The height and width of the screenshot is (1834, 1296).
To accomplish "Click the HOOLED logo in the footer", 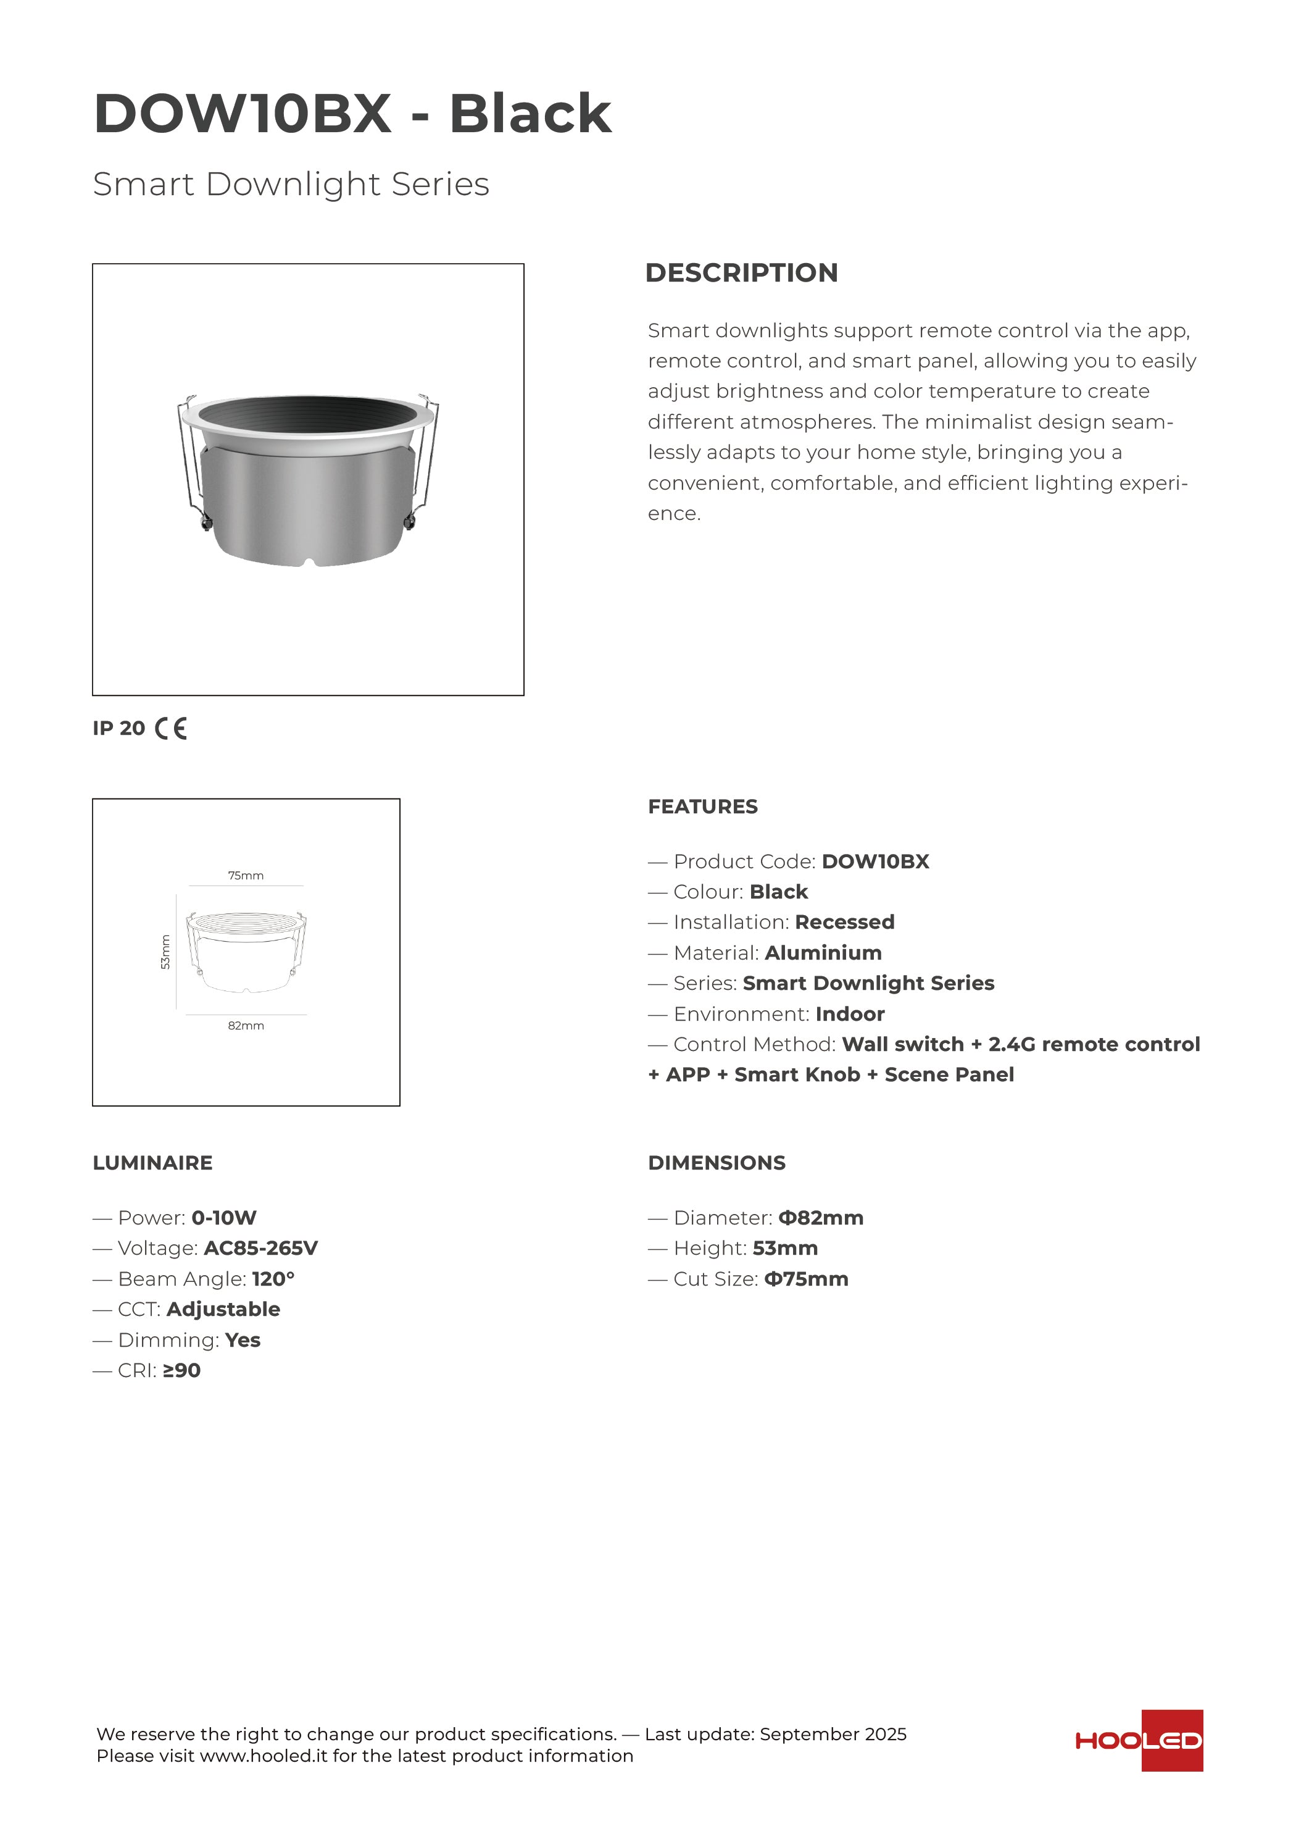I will click(1139, 1741).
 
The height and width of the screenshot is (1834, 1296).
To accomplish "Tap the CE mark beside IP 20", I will click(171, 729).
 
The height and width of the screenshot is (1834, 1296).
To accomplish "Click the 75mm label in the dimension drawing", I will click(246, 876).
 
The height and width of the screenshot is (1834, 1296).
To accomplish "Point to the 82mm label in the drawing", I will click(246, 1026).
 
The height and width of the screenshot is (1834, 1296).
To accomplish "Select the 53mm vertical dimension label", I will click(166, 952).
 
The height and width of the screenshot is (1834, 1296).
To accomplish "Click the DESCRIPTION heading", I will click(741, 272).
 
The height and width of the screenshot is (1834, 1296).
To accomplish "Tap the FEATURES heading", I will click(703, 806).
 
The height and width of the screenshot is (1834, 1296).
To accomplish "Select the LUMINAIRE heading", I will click(152, 1163).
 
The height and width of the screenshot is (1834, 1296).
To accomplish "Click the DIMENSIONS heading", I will click(717, 1163).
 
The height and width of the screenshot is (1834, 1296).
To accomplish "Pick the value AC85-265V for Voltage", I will click(260, 1249).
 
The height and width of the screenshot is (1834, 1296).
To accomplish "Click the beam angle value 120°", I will click(273, 1279).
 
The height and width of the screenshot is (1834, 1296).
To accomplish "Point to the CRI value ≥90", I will click(181, 1371).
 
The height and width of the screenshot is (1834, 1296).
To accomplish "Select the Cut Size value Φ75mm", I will click(806, 1279).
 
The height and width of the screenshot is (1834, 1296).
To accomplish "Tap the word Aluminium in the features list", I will click(823, 953).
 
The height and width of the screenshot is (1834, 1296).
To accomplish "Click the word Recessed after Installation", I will click(844, 923).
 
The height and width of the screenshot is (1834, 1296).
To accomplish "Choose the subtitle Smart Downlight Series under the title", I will click(291, 185).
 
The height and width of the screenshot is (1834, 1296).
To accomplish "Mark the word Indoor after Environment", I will click(850, 1015).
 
